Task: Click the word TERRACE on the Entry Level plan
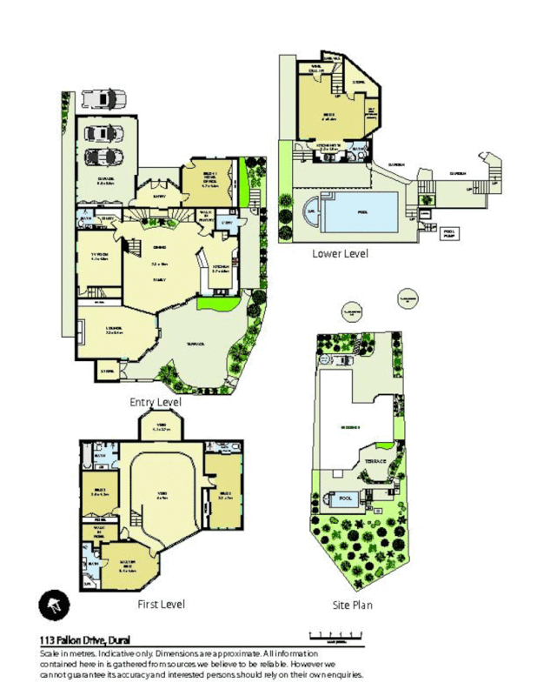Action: [x=196, y=344]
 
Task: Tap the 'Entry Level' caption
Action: [x=156, y=402]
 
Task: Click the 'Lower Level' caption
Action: [x=340, y=253]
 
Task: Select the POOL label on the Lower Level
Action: [x=361, y=210]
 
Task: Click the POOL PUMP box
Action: [x=449, y=233]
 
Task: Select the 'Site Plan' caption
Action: [x=353, y=605]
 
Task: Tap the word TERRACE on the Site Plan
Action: [x=375, y=462]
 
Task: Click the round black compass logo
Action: [x=54, y=604]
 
